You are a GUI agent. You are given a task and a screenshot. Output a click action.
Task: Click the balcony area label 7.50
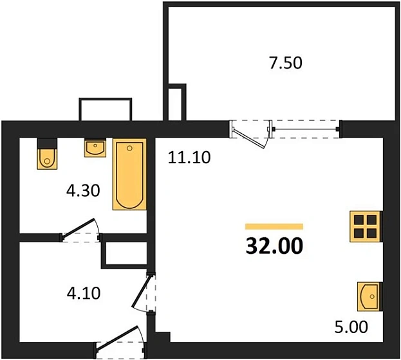(x=284, y=63)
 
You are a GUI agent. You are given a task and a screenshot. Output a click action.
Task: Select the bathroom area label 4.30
(x=84, y=191)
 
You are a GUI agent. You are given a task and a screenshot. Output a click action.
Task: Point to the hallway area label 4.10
(x=84, y=294)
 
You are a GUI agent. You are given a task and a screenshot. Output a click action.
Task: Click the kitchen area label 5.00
(x=351, y=327)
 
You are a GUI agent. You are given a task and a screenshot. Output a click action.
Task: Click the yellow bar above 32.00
(x=274, y=226)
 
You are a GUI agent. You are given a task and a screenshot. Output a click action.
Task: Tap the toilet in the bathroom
(x=47, y=155)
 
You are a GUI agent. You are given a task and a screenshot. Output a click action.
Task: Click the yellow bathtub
(x=129, y=174)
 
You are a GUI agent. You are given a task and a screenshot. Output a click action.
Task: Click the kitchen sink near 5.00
(x=369, y=297)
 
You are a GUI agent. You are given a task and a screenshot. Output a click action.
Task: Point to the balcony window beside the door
(x=306, y=129)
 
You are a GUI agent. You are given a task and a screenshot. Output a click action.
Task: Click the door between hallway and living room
(x=142, y=292)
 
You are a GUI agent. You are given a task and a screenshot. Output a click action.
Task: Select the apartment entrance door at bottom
(x=119, y=341)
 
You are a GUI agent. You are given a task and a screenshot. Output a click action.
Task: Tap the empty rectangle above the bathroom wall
(x=105, y=109)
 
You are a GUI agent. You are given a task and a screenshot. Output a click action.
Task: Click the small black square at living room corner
(x=162, y=336)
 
